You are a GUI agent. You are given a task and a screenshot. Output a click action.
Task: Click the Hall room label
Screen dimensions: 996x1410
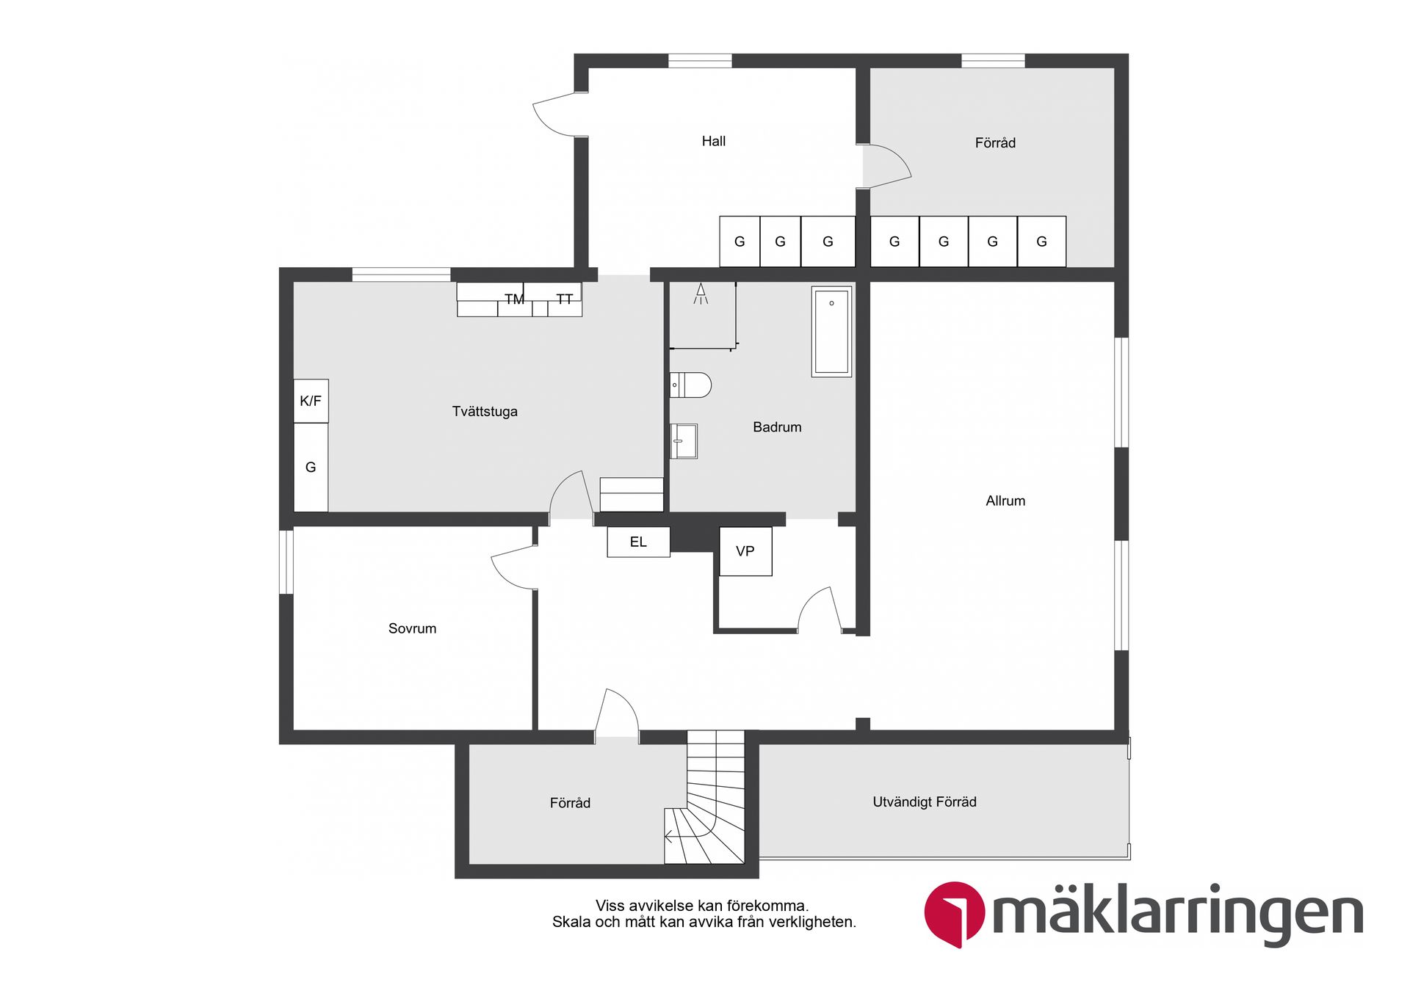[713, 141]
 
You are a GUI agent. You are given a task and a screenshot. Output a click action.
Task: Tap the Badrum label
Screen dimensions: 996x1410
[777, 426]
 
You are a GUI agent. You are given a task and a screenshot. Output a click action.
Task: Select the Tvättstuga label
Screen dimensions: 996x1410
[485, 411]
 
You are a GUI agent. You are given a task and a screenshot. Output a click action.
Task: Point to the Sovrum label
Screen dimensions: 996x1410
[412, 628]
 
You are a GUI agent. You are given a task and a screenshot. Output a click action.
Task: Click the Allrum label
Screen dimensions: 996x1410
[1005, 501]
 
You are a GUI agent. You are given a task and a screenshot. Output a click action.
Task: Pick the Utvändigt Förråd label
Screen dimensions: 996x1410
[925, 801]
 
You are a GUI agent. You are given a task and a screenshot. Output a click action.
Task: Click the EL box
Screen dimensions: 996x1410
[638, 542]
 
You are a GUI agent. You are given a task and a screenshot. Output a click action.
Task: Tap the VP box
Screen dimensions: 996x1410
[745, 551]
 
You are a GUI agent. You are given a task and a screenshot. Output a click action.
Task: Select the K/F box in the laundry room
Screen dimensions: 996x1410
[311, 401]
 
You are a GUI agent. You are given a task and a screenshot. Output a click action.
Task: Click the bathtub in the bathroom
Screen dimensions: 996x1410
[831, 332]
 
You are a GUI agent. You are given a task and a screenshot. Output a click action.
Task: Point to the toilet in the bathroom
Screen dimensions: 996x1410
[690, 385]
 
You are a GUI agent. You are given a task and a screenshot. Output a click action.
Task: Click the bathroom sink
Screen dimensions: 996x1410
[684, 441]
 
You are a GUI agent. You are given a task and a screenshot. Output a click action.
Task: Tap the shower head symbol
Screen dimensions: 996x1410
[701, 294]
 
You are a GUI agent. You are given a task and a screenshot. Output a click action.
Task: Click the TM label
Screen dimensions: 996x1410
[514, 299]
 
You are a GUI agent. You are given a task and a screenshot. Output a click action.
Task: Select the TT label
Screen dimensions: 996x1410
[564, 299]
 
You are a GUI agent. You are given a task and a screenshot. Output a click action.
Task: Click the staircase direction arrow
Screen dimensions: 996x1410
[668, 835]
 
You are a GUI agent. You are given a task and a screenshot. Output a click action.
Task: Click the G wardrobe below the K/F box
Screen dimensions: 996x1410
[311, 467]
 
